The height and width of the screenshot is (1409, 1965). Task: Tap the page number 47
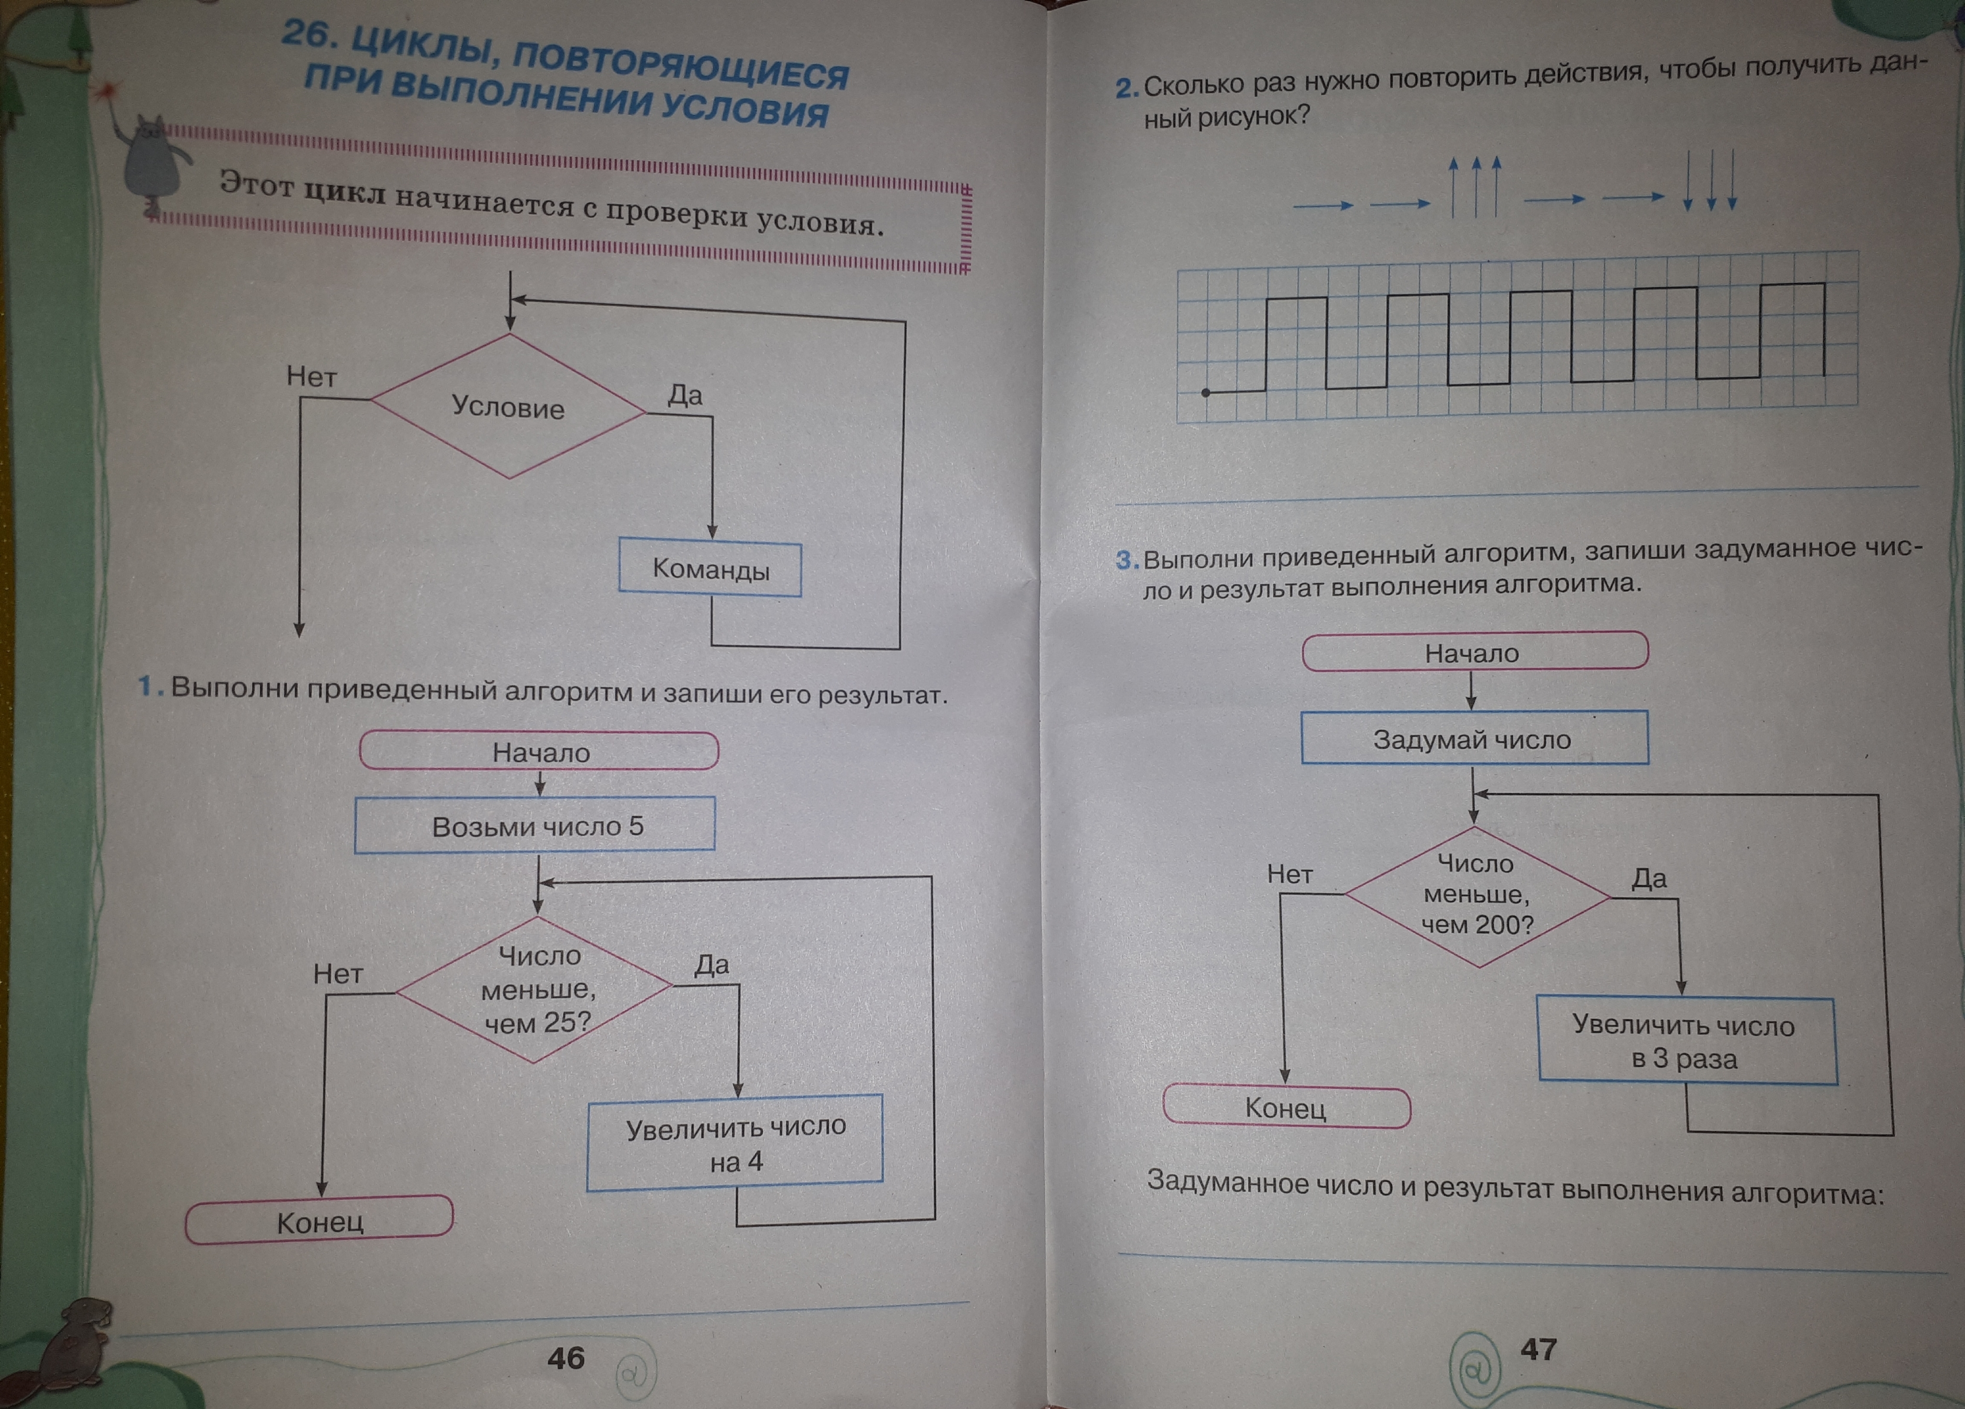[1538, 1349]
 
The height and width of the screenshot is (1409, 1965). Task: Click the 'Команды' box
[710, 569]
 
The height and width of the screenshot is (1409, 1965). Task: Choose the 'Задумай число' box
[1473, 739]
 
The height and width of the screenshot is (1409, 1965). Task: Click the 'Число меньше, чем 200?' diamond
[1476, 895]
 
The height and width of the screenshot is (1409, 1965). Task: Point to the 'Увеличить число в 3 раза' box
[1685, 1041]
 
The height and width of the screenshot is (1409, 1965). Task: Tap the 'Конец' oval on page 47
[1286, 1107]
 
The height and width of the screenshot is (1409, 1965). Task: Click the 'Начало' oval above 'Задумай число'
[1473, 652]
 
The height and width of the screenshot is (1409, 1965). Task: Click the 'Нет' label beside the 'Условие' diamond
[312, 377]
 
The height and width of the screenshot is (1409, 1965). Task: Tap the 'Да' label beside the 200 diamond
[1649, 878]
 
